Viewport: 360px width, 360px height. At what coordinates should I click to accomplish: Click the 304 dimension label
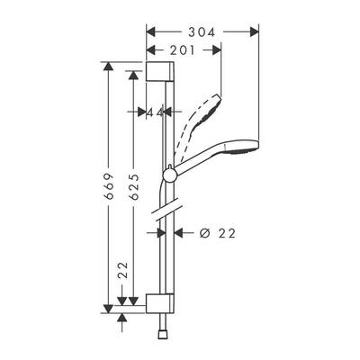pos(202,32)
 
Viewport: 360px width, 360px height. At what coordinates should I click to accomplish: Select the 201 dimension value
pos(183,50)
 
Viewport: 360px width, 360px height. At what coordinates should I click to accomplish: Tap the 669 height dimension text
pos(109,186)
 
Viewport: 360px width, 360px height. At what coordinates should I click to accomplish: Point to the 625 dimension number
pos(134,186)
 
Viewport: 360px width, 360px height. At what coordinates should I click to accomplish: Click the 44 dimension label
pos(155,112)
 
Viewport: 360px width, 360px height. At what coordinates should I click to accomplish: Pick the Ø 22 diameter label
pos(218,233)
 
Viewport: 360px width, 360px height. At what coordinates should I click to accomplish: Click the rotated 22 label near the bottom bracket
pos(122,270)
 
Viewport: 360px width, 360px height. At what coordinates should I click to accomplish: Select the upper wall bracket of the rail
pos(159,71)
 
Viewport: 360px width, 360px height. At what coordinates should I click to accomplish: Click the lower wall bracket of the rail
pos(160,303)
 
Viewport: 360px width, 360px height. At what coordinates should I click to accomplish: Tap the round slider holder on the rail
pos(170,175)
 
